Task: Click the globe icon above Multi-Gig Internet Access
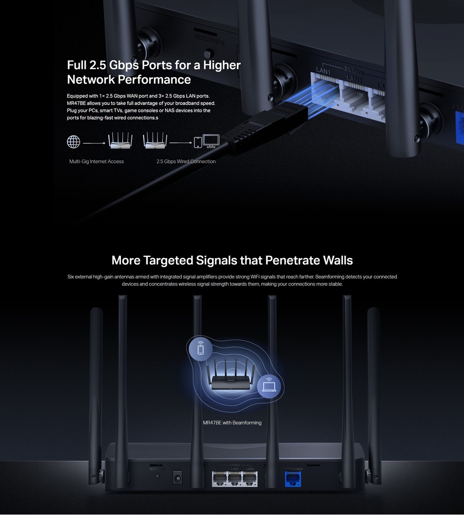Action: pos(73,142)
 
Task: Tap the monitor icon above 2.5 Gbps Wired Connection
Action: pos(211,141)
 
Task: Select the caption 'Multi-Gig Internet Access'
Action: pos(97,162)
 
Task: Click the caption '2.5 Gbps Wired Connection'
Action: pos(186,162)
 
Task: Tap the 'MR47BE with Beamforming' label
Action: pos(232,423)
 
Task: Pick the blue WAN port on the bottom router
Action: pos(293,479)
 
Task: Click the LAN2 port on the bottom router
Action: pos(234,478)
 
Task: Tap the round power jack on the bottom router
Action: pos(178,478)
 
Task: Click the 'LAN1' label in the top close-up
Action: pos(323,72)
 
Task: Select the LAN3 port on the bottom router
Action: pos(250,478)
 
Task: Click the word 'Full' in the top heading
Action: pos(77,65)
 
